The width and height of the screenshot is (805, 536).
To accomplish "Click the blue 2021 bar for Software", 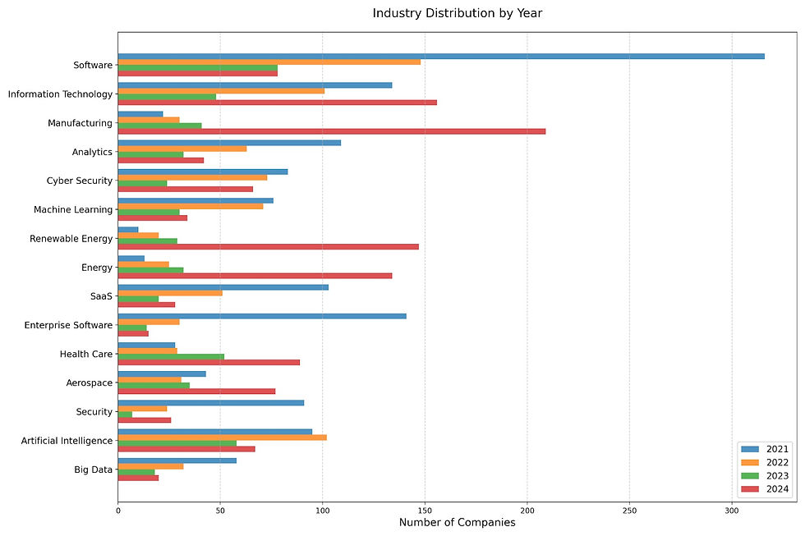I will pyautogui.click(x=440, y=57).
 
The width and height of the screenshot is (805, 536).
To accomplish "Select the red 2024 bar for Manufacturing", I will pyautogui.click(x=331, y=131).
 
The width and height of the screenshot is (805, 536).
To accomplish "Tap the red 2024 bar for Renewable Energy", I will pyautogui.click(x=268, y=246).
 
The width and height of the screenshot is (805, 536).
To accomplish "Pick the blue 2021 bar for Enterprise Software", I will pyautogui.click(x=261, y=316).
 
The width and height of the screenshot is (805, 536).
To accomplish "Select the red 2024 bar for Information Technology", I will pyautogui.click(x=277, y=103).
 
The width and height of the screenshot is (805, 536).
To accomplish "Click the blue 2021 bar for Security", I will pyautogui.click(x=210, y=403).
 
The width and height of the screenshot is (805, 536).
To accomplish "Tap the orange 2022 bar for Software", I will pyautogui.click(x=269, y=62).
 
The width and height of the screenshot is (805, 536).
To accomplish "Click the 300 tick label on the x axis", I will pyautogui.click(x=732, y=510).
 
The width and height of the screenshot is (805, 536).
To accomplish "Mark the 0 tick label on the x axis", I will pyautogui.click(x=118, y=510).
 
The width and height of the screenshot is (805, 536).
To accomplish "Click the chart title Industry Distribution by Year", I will pyautogui.click(x=457, y=13).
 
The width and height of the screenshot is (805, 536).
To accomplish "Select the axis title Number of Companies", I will pyautogui.click(x=457, y=523).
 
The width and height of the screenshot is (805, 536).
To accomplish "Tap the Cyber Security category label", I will pyautogui.click(x=79, y=181).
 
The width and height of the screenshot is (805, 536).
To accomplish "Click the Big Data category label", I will pyautogui.click(x=92, y=470).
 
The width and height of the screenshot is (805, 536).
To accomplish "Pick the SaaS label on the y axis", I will pyautogui.click(x=101, y=296).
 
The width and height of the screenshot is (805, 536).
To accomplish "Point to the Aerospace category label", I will pyautogui.click(x=89, y=383).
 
